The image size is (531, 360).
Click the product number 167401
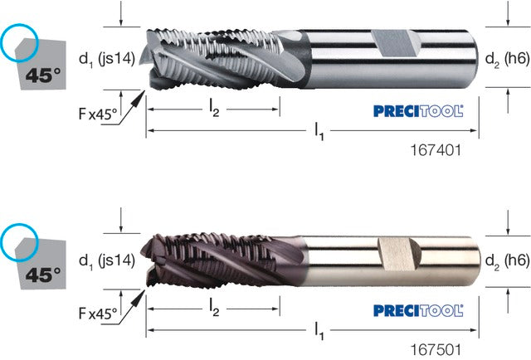pos(436,150)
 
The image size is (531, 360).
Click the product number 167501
pos(436,350)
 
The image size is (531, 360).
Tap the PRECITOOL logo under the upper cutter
pos(418,111)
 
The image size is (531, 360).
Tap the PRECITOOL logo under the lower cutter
pos(418,310)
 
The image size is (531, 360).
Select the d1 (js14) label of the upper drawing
pos(107,59)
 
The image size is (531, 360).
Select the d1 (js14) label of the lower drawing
pos(107,260)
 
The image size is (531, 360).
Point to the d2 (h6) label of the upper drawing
pos(507,59)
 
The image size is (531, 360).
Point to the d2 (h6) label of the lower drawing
pos(507,260)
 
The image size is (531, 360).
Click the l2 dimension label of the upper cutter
pos(214,109)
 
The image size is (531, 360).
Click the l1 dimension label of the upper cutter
pos(319,131)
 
